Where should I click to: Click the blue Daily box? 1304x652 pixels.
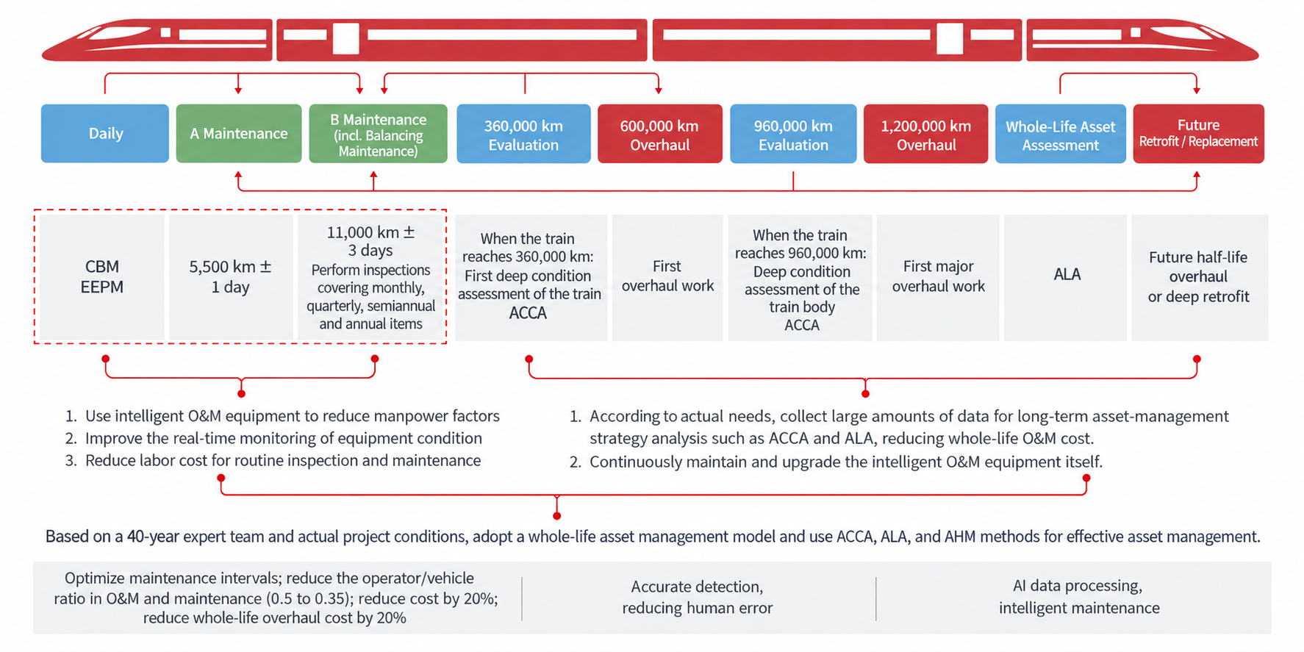(x=105, y=133)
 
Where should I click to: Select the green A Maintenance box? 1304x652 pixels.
(x=239, y=133)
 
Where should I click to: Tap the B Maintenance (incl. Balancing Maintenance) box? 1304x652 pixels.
(x=378, y=133)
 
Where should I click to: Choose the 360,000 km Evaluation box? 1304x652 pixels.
(x=523, y=133)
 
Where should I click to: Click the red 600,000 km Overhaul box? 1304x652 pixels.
(x=660, y=133)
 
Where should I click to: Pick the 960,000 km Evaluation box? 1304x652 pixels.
(x=793, y=133)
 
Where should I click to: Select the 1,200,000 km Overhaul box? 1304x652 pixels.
(x=926, y=133)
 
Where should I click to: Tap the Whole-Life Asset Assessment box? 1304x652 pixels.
(x=1061, y=133)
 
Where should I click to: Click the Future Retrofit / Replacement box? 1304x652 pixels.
(x=1198, y=133)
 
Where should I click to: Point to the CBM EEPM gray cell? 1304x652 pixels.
(x=102, y=277)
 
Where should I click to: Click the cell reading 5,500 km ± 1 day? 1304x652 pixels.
(x=231, y=277)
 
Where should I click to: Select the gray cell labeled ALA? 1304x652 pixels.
(x=1066, y=277)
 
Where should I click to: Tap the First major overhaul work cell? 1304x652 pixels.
(x=938, y=277)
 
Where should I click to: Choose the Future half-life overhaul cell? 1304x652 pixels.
(x=1200, y=277)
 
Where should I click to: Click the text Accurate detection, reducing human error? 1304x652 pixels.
(x=698, y=597)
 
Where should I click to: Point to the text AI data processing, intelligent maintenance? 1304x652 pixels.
(x=1079, y=596)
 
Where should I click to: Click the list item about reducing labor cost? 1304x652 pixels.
(x=273, y=460)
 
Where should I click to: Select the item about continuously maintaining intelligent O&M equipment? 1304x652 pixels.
(x=837, y=462)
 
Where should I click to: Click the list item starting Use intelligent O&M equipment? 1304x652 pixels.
(x=282, y=416)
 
